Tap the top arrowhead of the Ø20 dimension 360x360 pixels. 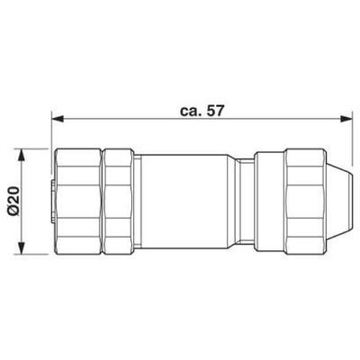click(24, 151)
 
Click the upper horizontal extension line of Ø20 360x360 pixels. click(36, 147)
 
